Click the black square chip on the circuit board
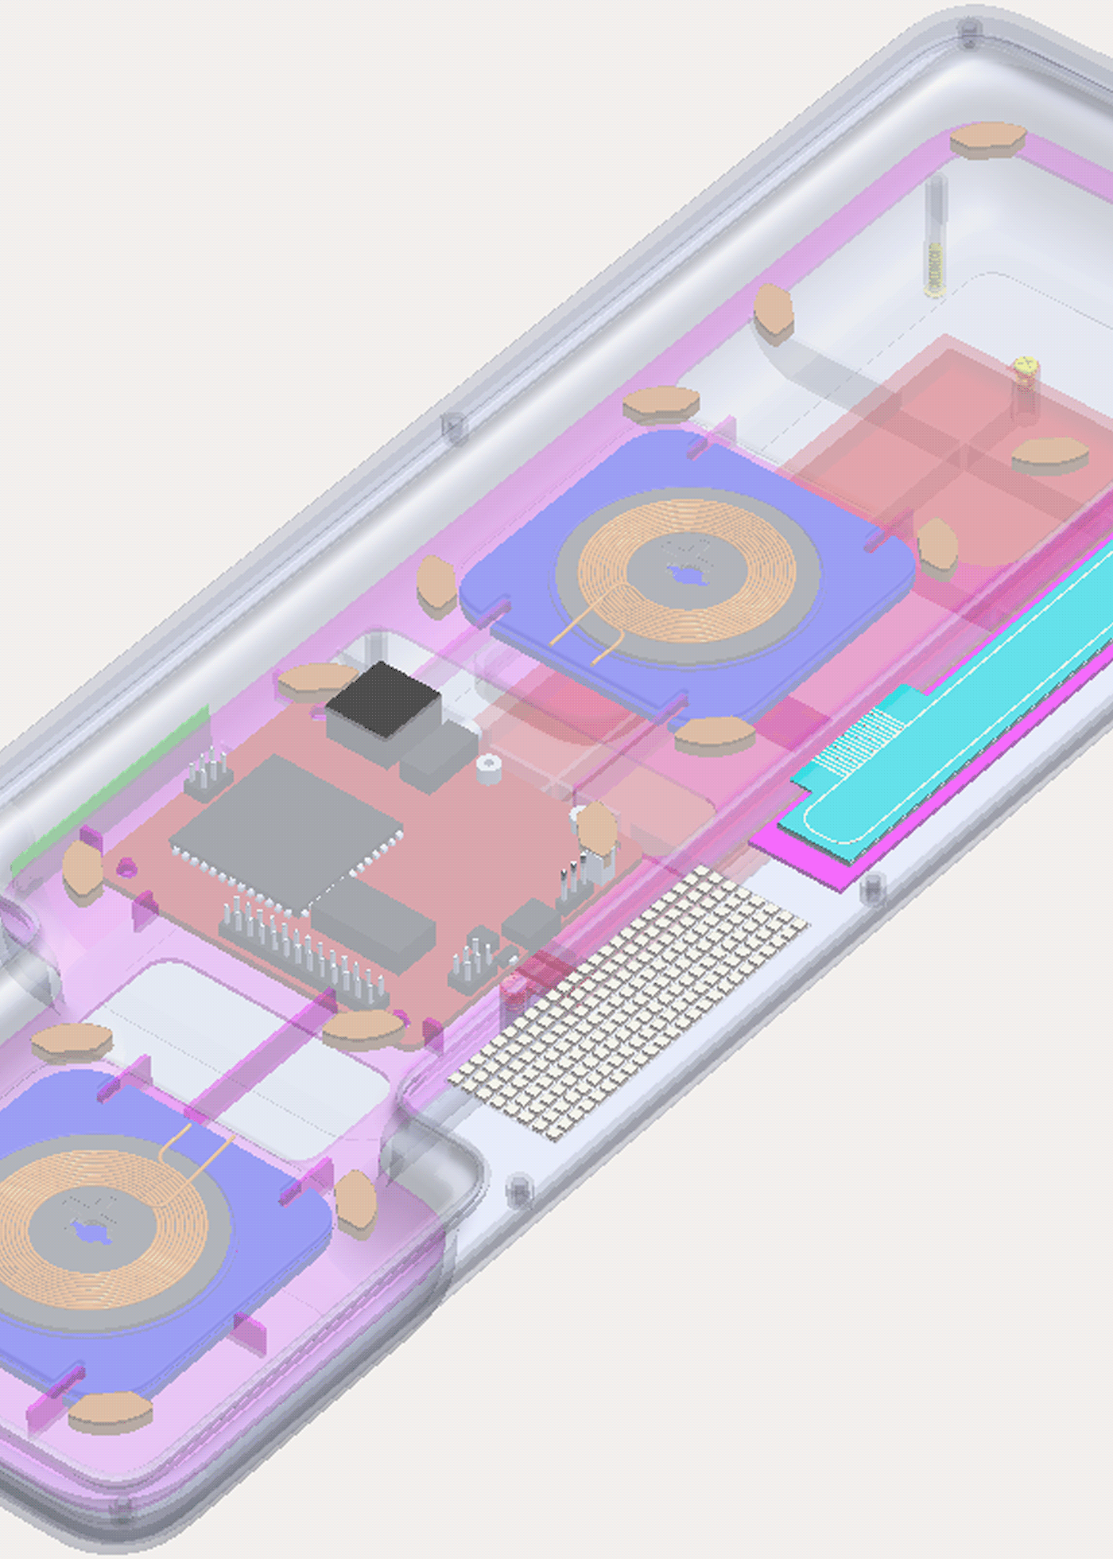click(383, 699)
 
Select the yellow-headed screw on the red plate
click(1026, 367)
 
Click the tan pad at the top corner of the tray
click(987, 139)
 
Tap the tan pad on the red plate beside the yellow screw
click(1049, 455)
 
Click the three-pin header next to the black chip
click(209, 772)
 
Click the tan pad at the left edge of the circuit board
click(82, 871)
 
